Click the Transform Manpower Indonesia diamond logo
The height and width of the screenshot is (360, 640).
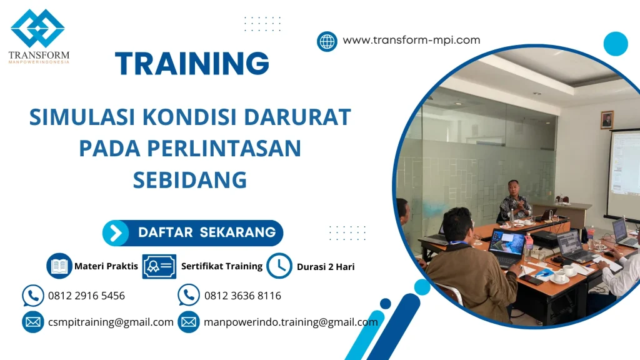37,29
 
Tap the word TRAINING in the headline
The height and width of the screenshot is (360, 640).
192,64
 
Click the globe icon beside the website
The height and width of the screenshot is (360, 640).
327,41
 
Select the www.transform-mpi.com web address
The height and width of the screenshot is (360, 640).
411,41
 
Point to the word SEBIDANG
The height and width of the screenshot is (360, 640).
190,180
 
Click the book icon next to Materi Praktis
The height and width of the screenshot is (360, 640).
59,266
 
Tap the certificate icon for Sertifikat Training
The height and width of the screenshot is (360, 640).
159,266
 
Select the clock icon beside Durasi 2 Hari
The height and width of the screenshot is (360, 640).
279,266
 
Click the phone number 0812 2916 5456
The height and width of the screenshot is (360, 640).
86,296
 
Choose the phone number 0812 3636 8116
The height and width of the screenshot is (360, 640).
242,296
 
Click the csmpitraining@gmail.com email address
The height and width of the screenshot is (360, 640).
111,322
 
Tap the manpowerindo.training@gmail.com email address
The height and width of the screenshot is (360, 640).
291,322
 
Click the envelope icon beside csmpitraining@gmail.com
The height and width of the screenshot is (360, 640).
32,322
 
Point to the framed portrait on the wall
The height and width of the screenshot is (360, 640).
606,120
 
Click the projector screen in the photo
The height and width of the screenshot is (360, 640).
624,172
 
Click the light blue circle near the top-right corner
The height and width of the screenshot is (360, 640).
616,44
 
